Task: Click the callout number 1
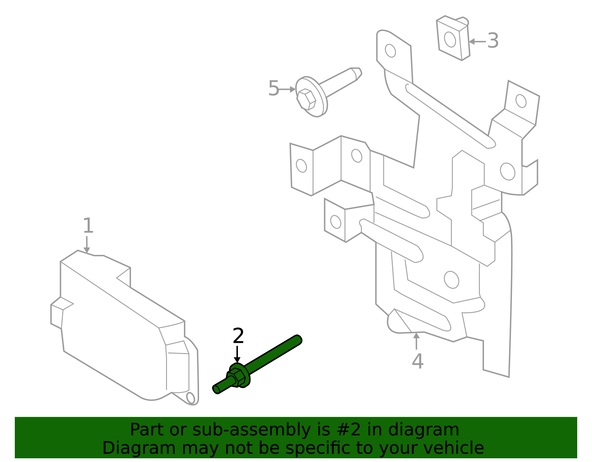coord(88,226)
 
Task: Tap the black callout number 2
coord(238,336)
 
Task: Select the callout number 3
coord(493,41)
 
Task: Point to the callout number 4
coord(417,361)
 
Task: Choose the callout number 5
coord(273,89)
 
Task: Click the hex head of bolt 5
coord(306,99)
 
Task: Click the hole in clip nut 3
coord(450,40)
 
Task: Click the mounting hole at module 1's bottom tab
coord(191,398)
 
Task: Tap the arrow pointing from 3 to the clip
coord(477,42)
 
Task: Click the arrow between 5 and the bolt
coord(287,89)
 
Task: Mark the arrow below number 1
coord(87,245)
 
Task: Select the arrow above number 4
coord(417,341)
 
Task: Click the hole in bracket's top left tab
coord(390,51)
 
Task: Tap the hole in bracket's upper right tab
coord(521,101)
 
